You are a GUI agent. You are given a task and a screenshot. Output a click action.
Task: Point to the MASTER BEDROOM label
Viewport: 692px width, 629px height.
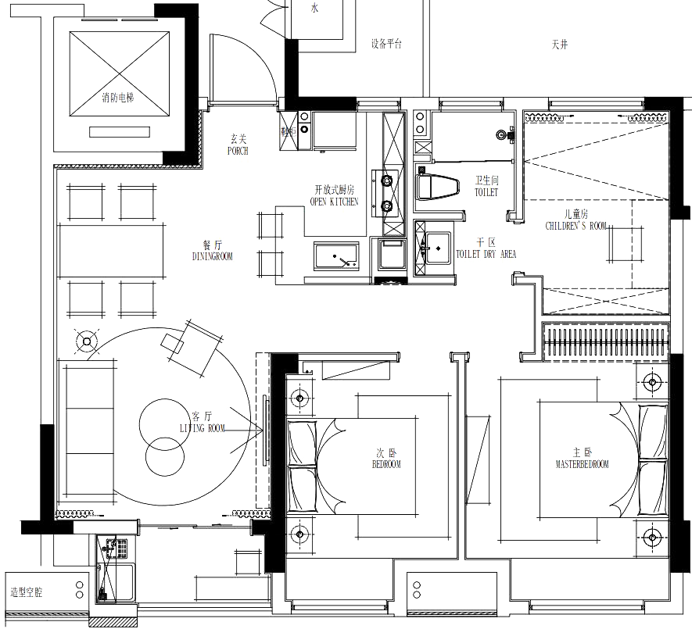582,457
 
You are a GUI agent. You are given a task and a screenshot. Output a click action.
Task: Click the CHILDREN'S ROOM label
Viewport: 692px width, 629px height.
577,223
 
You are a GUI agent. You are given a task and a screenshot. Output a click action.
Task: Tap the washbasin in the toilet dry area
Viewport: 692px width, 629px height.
437,248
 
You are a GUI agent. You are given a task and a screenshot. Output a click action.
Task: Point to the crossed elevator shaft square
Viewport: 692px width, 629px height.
120,75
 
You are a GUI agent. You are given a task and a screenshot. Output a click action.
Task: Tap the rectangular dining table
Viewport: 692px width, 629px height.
110,251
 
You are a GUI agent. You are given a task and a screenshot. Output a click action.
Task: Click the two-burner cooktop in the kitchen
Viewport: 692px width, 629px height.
388,195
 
